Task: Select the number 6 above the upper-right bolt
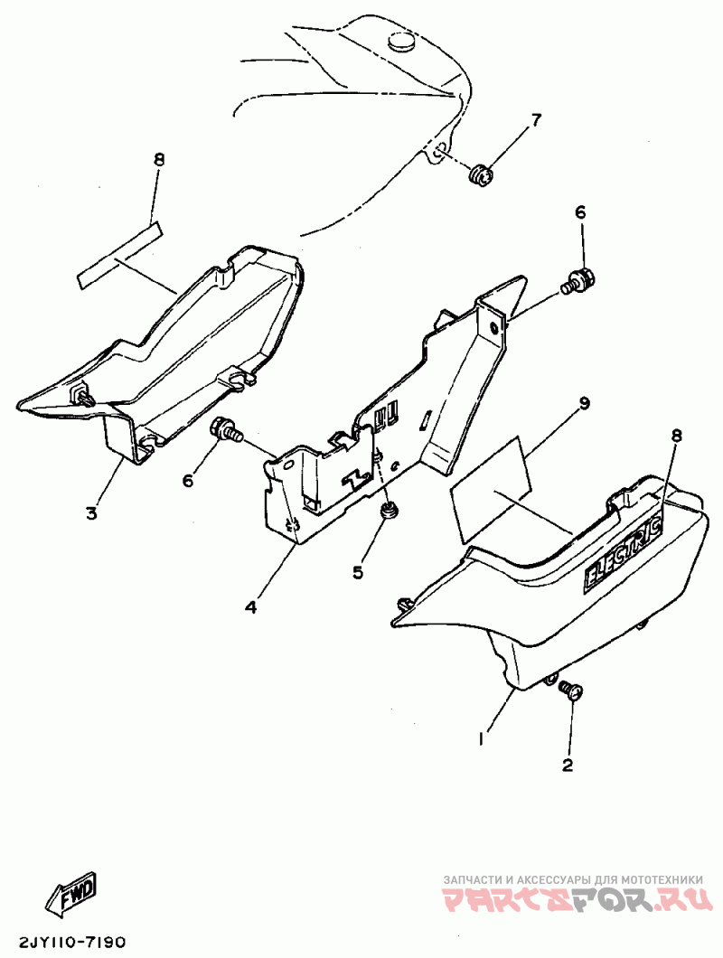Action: (580, 212)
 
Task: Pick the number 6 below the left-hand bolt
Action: (188, 481)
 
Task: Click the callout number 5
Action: (359, 571)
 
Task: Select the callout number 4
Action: (250, 606)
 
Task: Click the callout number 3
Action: (91, 514)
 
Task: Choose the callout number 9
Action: (585, 403)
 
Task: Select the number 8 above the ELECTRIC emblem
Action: (676, 437)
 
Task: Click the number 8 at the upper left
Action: (159, 160)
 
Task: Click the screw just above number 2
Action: (571, 691)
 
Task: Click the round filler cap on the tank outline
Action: (399, 40)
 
